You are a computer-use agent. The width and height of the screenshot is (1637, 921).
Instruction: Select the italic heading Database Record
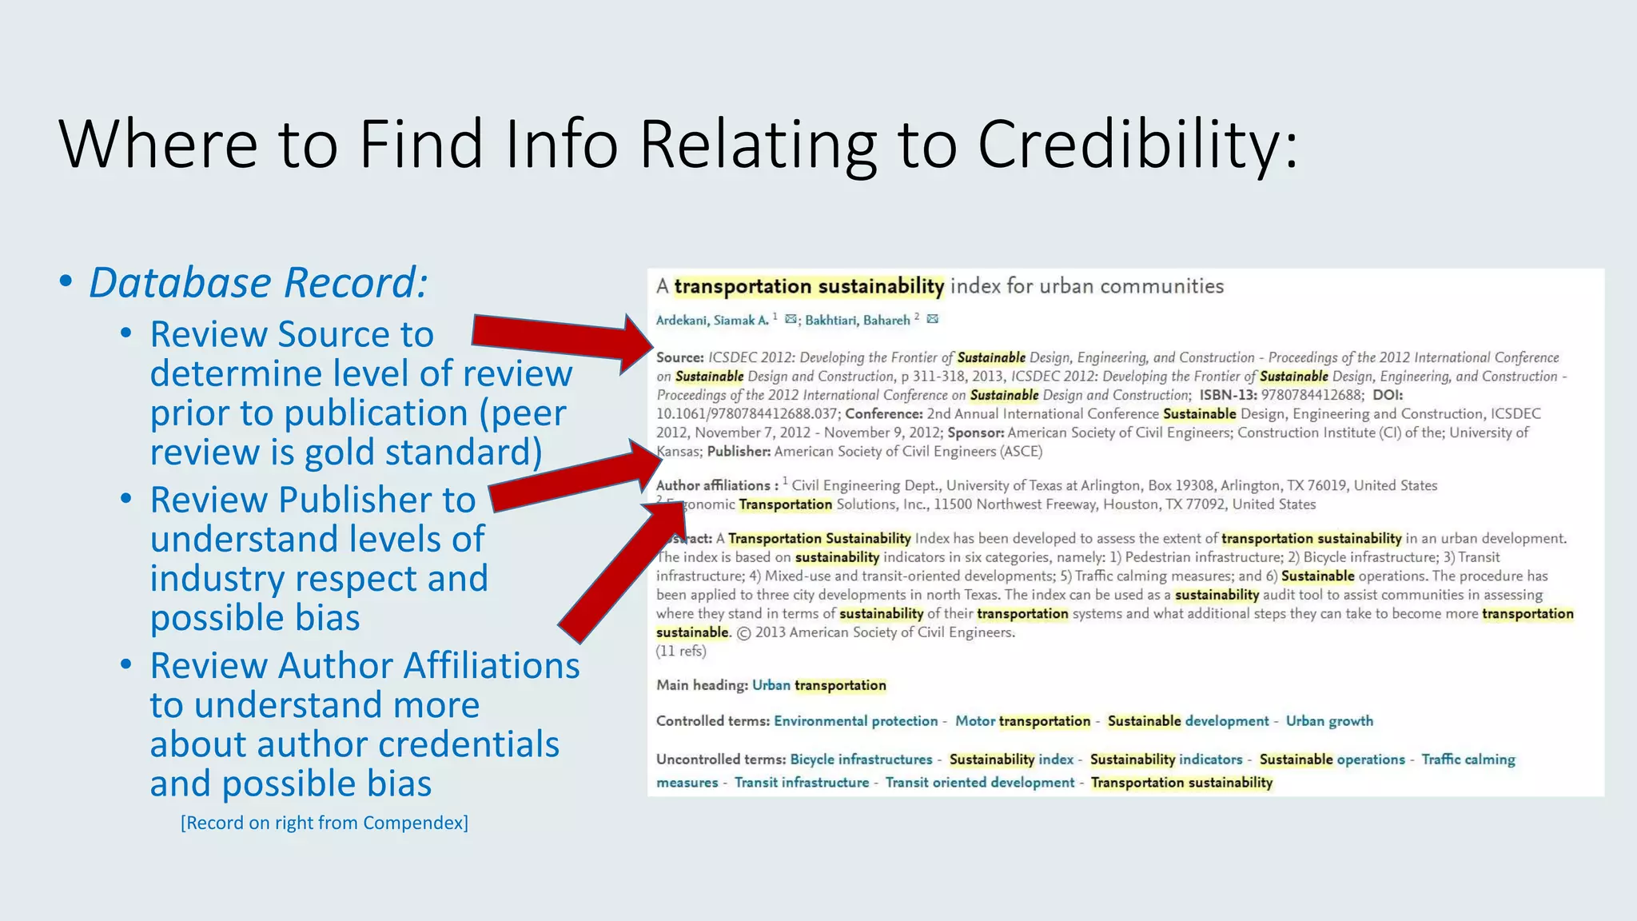258,283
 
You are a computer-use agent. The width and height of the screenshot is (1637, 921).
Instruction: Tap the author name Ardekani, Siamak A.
712,321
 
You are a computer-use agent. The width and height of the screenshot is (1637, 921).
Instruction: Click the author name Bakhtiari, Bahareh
857,321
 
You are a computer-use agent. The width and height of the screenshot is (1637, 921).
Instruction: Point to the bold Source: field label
679,357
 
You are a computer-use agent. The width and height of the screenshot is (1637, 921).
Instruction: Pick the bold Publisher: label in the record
739,452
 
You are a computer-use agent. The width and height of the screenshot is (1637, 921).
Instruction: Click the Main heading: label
702,685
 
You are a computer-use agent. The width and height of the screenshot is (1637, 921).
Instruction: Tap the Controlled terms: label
713,721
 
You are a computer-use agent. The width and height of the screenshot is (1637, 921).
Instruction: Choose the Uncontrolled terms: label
721,760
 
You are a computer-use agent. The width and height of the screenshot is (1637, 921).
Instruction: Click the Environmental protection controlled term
855,721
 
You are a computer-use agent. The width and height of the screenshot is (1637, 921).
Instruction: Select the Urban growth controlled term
1329,721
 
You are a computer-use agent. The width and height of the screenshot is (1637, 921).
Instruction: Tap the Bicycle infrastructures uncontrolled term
861,760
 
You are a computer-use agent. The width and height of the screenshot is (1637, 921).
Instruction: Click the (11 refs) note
681,651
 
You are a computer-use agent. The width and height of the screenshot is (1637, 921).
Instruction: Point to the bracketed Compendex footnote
324,823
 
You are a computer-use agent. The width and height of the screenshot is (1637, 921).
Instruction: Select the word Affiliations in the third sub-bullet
491,666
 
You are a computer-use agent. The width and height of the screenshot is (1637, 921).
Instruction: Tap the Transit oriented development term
979,783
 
